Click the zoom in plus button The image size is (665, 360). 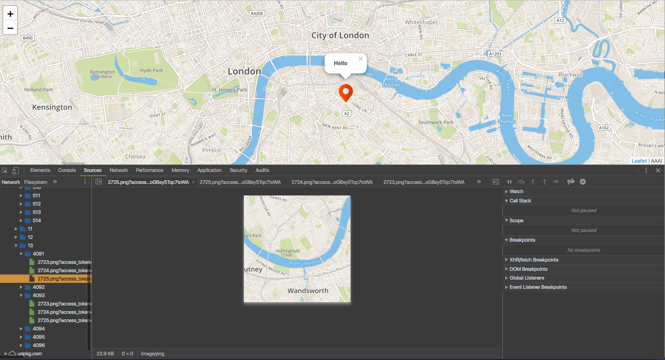(10, 14)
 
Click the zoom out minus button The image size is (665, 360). (10, 28)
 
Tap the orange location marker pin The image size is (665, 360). (346, 92)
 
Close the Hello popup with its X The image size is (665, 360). (361, 59)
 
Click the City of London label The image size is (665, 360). (340, 36)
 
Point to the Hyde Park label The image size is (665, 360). (151, 70)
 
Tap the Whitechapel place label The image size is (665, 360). (420, 22)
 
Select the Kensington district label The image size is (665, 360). (52, 107)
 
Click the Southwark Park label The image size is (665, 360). (436, 122)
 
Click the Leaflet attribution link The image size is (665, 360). (639, 161)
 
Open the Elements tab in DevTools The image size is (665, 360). (40, 170)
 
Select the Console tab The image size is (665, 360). (67, 170)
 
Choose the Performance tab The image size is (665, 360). (150, 170)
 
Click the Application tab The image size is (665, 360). (209, 170)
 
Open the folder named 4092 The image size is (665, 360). (39, 287)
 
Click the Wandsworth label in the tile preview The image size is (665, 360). (308, 291)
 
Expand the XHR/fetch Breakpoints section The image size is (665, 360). (534, 260)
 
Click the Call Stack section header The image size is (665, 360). (520, 201)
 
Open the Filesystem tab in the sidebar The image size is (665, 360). (36, 182)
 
